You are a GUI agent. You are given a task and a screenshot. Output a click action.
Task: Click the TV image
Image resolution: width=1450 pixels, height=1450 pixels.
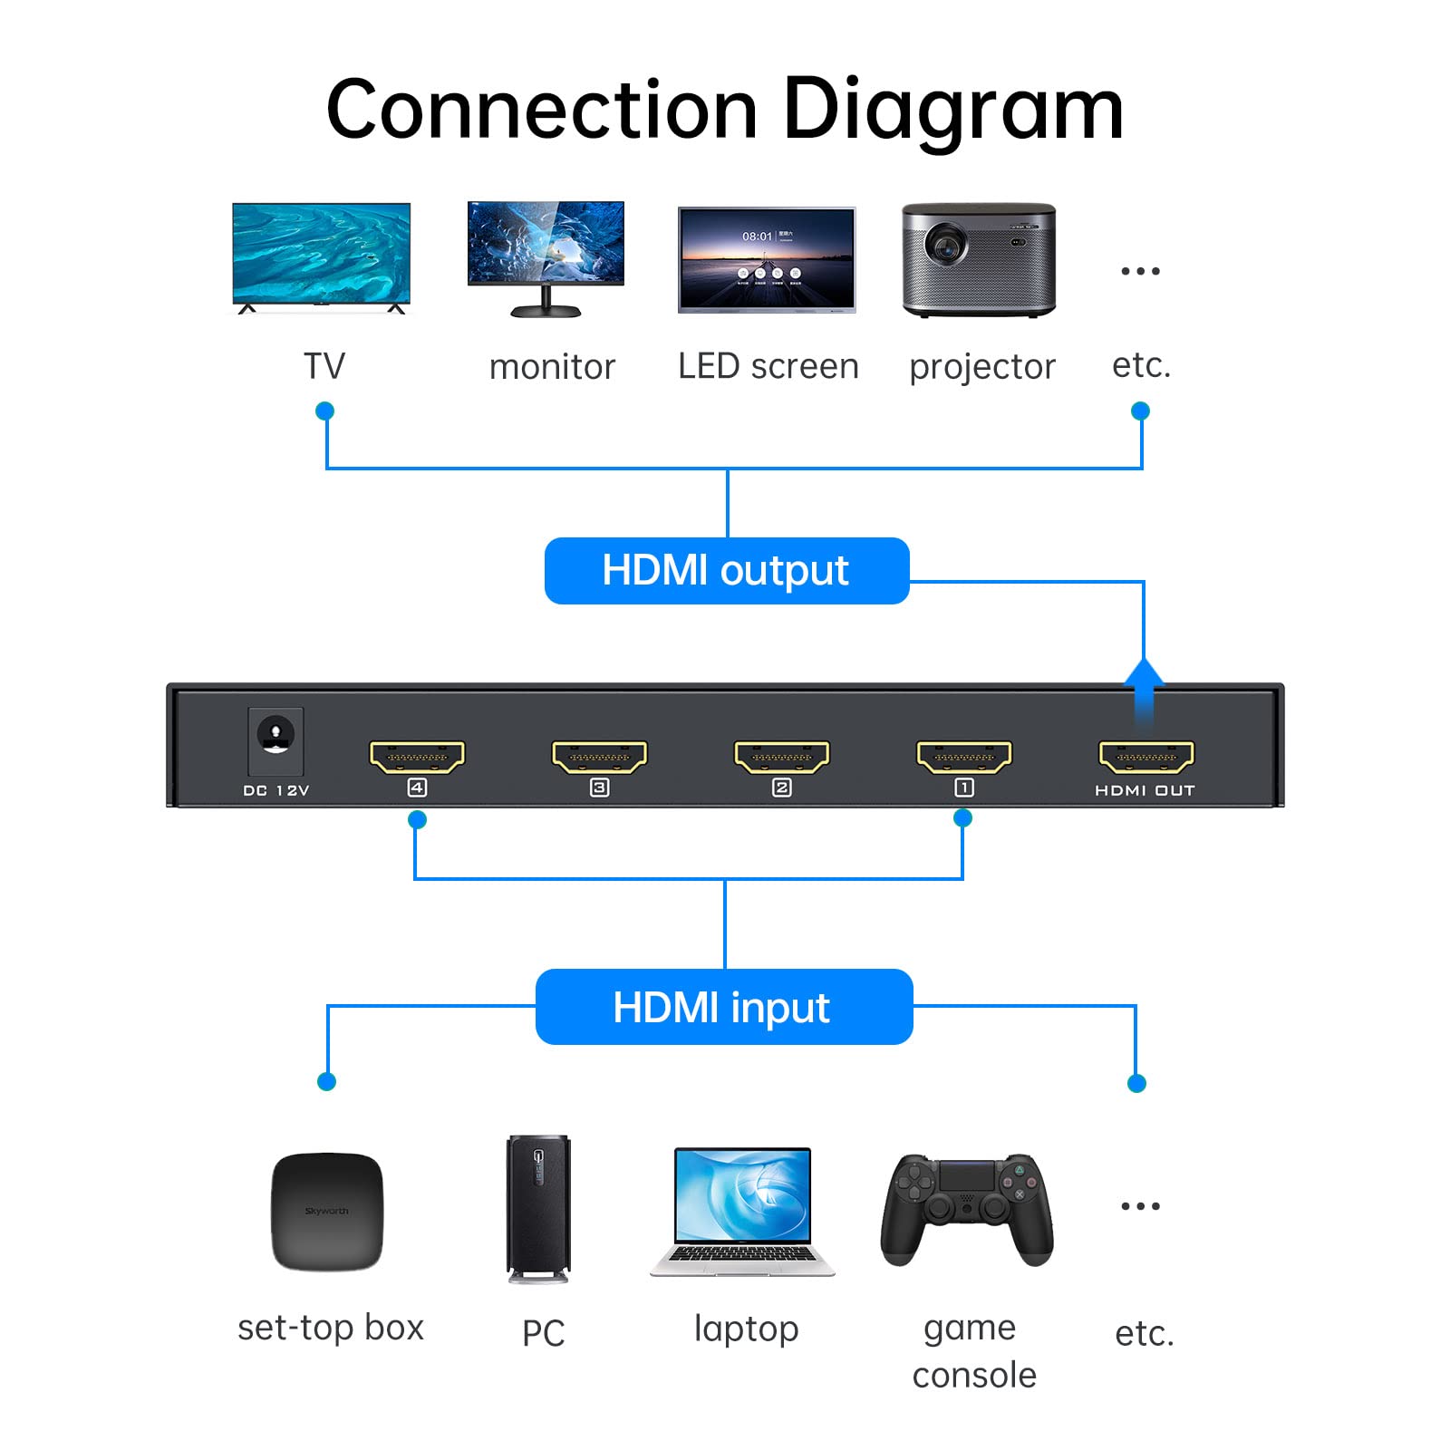click(322, 254)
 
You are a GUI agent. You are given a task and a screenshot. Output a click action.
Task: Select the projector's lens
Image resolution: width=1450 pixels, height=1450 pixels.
click(945, 243)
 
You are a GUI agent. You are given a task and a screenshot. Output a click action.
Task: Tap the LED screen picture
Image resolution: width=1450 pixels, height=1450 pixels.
click(767, 259)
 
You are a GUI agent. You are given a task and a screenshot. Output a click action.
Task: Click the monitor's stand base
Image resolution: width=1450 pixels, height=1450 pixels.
click(546, 312)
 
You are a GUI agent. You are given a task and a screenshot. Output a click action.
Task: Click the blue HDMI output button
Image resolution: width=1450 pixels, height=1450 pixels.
click(726, 571)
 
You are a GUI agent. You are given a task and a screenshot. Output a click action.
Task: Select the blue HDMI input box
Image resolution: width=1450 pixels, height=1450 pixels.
click(724, 1007)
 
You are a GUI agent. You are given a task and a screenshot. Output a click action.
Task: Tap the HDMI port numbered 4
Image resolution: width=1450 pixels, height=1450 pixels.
click(417, 757)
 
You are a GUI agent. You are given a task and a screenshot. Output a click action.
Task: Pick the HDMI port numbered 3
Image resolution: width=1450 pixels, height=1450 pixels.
click(599, 757)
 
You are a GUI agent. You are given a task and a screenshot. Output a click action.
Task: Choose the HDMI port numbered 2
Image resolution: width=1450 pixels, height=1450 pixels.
click(781, 757)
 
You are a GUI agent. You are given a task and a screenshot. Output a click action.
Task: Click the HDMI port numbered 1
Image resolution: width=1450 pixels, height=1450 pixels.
click(963, 757)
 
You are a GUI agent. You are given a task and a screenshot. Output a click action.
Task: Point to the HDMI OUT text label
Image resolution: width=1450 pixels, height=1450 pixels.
click(1145, 790)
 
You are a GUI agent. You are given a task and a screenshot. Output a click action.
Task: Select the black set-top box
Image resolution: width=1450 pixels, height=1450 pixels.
click(327, 1211)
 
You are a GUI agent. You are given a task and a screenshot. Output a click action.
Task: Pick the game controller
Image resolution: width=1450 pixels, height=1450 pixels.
click(967, 1207)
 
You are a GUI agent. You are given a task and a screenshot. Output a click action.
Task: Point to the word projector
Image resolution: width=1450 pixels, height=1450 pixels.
click(982, 367)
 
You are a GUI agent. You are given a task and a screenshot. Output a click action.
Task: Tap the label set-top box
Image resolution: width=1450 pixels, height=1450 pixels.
click(331, 1328)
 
